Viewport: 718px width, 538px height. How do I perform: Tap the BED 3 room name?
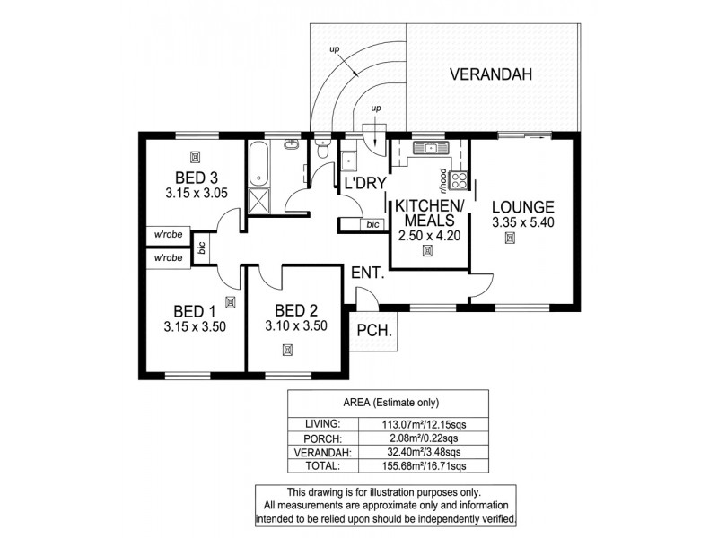[191, 176]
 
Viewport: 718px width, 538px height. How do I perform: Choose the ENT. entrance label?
[367, 273]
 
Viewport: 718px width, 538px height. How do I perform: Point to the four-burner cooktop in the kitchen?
[459, 181]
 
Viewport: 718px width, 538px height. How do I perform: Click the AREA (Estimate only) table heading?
[388, 402]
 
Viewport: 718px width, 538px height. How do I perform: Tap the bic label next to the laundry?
[372, 224]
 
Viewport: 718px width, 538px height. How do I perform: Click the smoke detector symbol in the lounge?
[511, 238]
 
